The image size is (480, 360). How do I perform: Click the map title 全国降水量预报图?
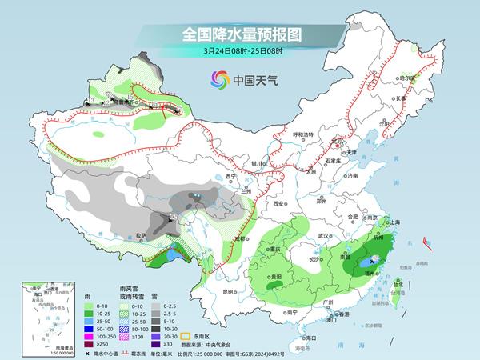(x=240, y=35)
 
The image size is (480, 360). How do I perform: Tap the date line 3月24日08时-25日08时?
(x=240, y=53)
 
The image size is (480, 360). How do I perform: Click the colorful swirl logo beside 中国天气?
(x=219, y=79)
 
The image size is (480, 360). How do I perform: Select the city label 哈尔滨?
(x=409, y=78)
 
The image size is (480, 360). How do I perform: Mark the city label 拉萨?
(x=141, y=234)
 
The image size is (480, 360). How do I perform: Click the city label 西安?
(x=278, y=204)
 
